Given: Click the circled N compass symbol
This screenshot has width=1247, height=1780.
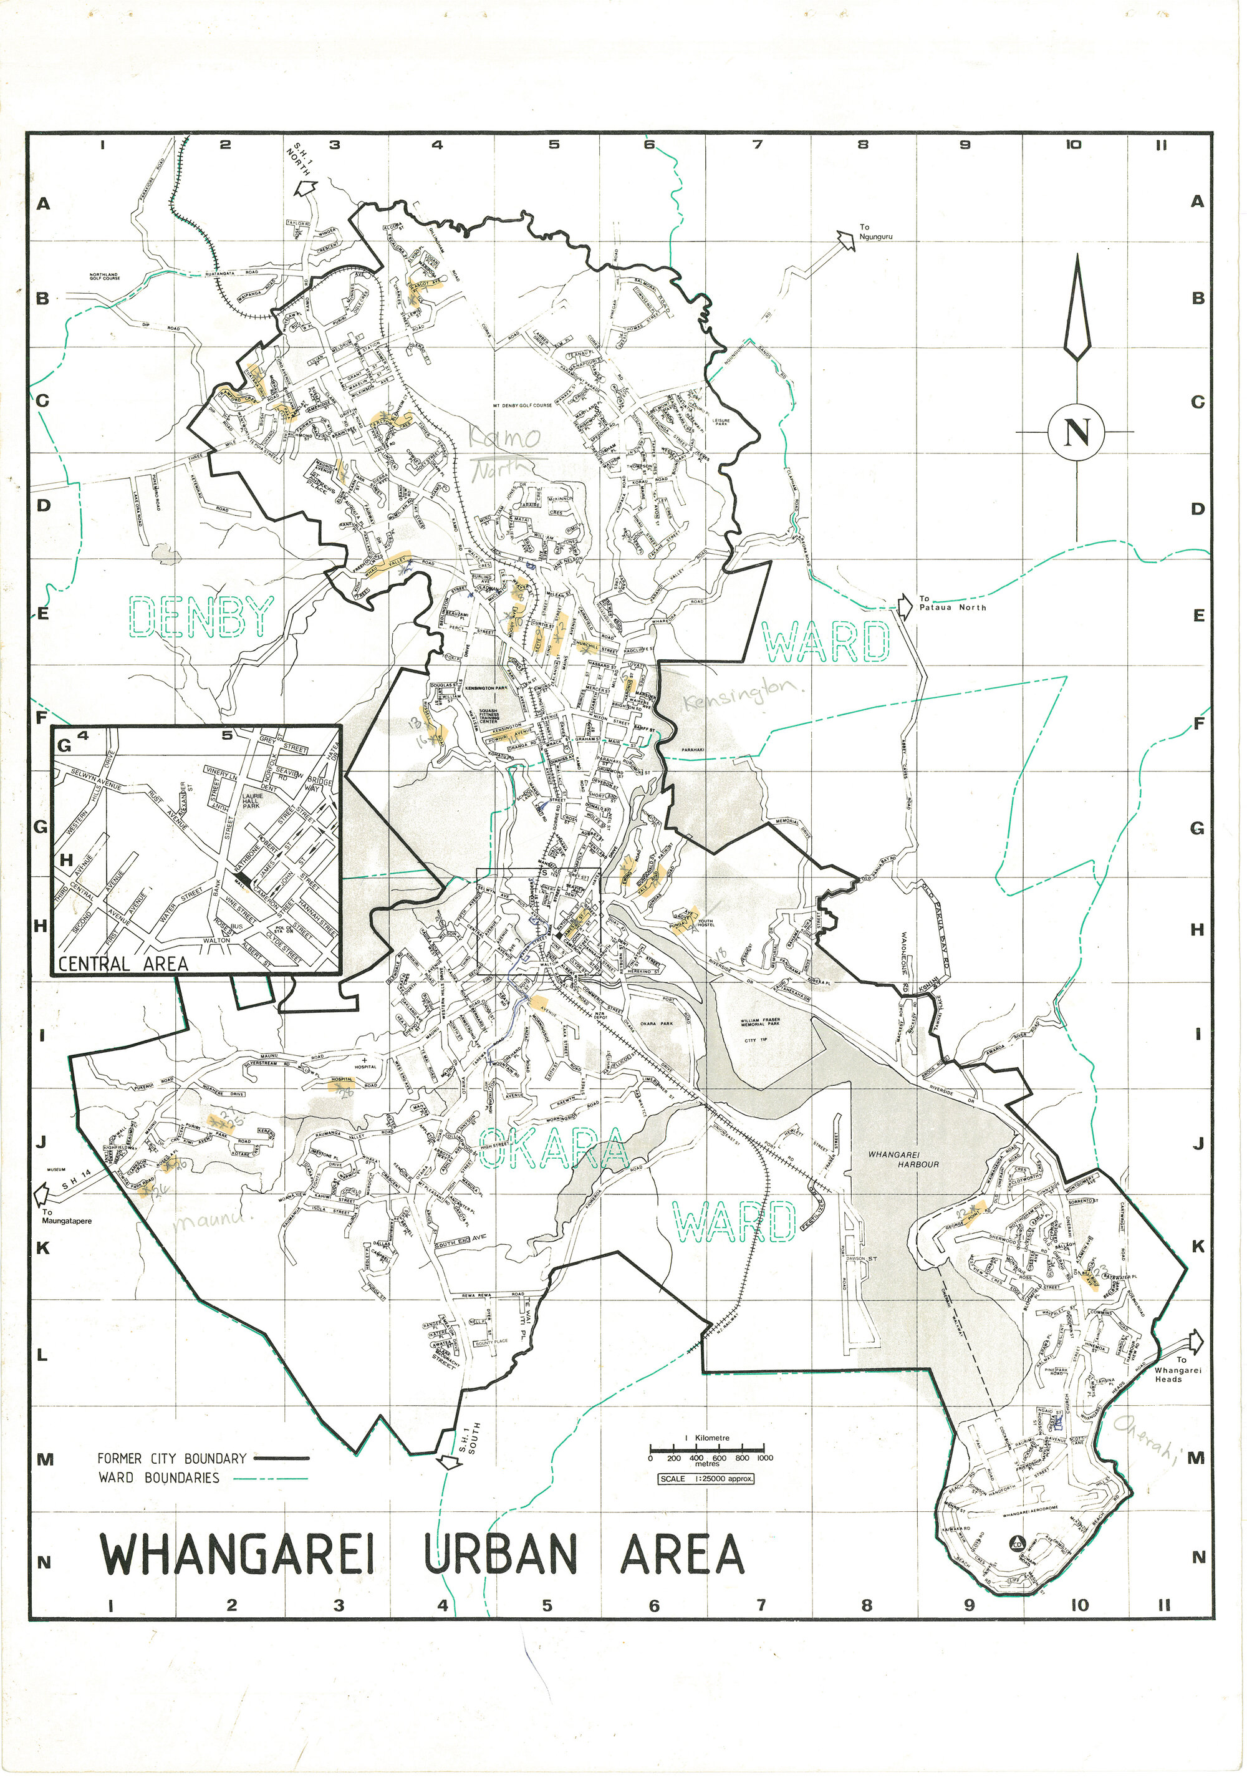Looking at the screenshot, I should click(1076, 432).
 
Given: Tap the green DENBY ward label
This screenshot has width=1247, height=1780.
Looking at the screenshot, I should click(201, 616).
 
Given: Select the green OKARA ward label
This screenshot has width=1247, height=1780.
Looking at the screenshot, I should click(552, 1148).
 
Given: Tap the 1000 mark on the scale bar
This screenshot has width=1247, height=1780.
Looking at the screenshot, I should click(764, 1458).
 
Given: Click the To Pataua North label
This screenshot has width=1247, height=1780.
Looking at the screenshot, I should click(951, 603).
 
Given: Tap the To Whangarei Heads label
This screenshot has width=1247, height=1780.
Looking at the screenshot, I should click(1177, 1369).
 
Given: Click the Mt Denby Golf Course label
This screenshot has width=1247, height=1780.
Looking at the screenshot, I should click(522, 405).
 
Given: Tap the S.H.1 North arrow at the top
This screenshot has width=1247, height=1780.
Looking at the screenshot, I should click(306, 188).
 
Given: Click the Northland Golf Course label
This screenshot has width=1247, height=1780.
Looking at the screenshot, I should click(105, 276).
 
